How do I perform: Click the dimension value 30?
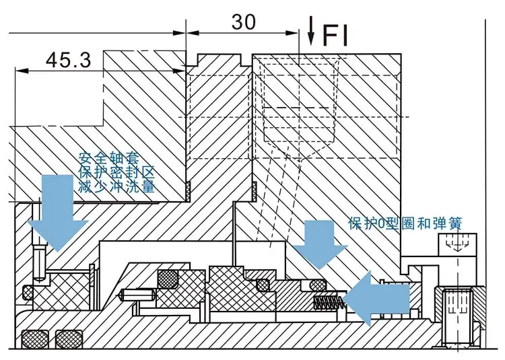click(244, 22)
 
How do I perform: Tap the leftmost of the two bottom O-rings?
click(34, 338)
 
